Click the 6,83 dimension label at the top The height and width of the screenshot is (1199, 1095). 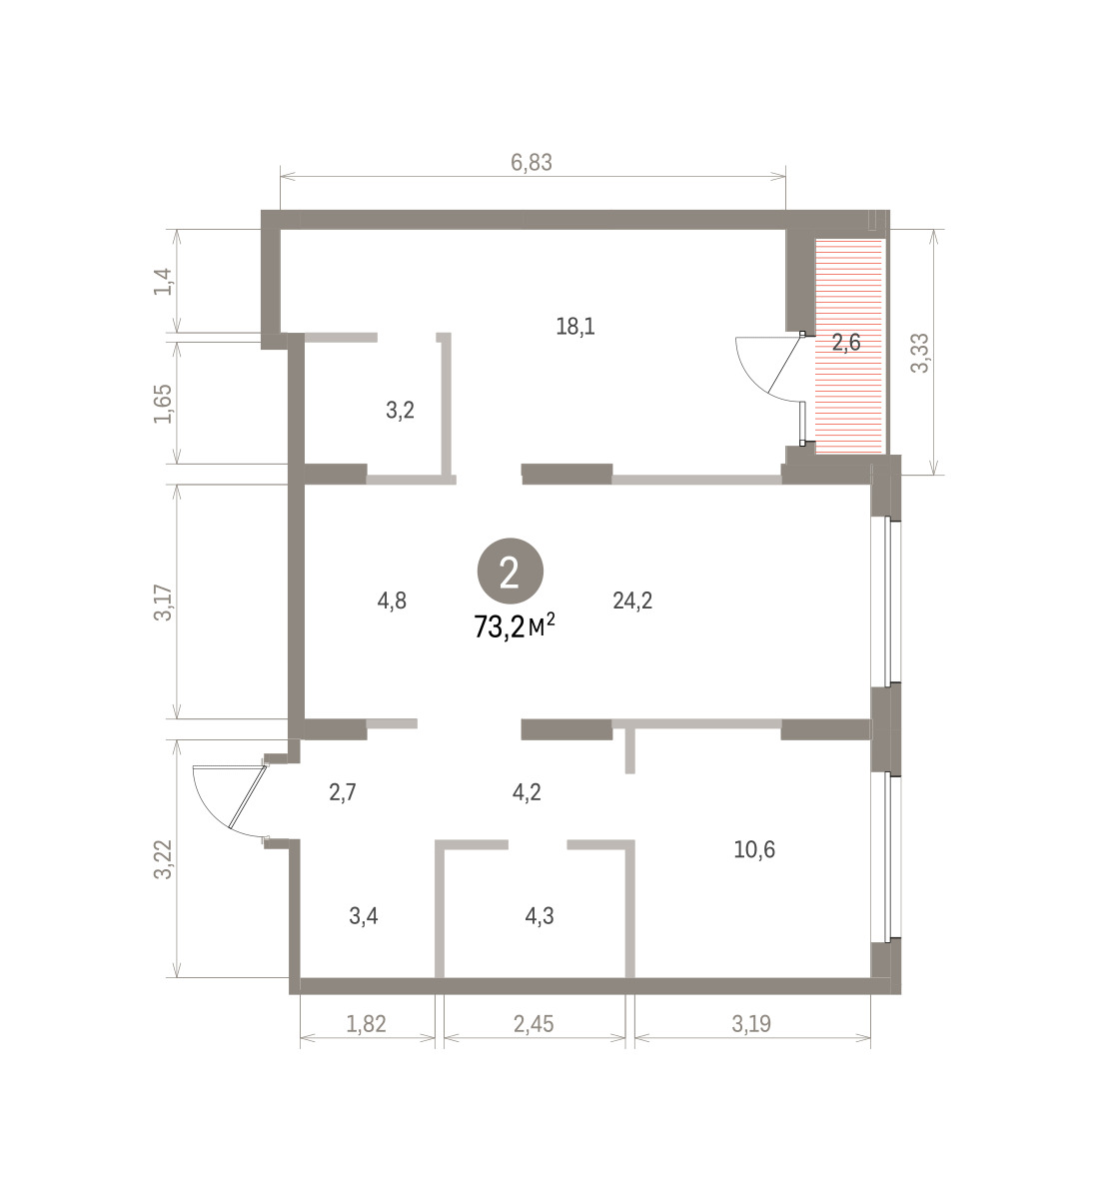coord(531,163)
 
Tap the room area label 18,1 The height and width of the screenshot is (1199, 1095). coord(575,327)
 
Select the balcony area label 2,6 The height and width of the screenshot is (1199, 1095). coord(846,343)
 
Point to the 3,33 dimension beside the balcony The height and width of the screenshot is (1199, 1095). coord(920,354)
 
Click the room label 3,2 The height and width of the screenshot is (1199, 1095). coord(400,411)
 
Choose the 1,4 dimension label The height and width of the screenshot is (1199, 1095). coord(163,281)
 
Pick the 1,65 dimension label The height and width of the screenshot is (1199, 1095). coord(163,404)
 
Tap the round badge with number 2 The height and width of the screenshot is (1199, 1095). coord(510,572)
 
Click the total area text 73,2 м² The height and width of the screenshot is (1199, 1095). coord(515,627)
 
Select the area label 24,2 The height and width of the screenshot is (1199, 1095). coord(632,600)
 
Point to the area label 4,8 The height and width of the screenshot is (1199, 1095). coord(392,600)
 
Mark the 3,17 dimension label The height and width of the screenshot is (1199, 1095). coord(163,602)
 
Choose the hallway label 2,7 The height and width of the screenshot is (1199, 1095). coord(343,792)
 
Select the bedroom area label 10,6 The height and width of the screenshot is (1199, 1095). coord(754,849)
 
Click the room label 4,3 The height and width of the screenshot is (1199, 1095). coord(540,915)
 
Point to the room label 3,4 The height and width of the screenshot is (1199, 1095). coord(364,915)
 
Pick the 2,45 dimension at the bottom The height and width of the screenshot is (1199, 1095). coord(534,1024)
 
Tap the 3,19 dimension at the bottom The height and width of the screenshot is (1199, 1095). coord(751,1024)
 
